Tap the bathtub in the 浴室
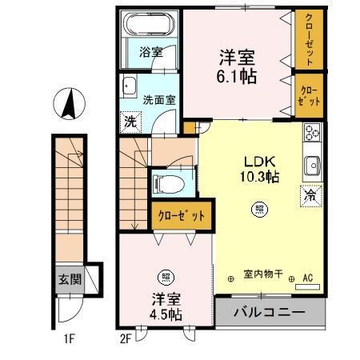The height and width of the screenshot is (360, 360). tap(148, 27)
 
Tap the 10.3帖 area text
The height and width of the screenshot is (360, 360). tap(261, 176)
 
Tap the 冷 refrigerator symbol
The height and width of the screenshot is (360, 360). tap(310, 194)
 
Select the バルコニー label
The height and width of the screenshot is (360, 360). tap(270, 312)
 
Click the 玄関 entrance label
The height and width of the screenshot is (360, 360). tap(68, 280)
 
